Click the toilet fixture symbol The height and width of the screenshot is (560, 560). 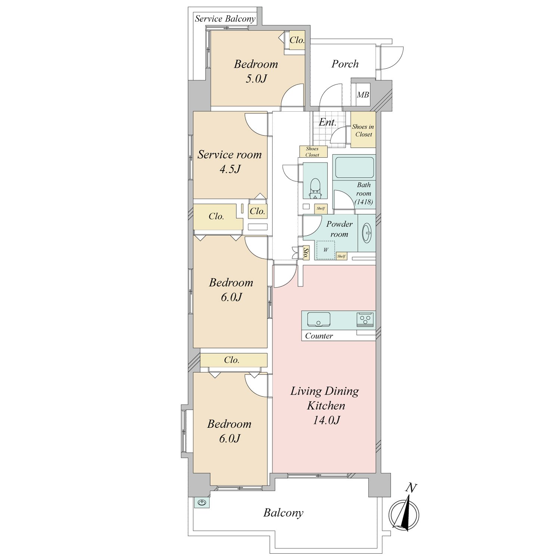coord(315,188)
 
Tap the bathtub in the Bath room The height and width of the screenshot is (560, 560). coord(354,168)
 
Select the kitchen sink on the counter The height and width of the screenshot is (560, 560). coord(318,320)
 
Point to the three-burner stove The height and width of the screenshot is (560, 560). coord(365,319)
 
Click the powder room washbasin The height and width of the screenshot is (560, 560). coord(367,233)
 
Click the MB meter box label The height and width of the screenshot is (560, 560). coord(363,95)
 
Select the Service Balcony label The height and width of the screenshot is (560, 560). coord(225,19)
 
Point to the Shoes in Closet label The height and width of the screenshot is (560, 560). coord(363,130)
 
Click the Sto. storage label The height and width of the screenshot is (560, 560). coord(306,253)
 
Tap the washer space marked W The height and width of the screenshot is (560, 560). coord(326,250)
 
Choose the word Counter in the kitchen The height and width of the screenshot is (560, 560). coord(319,336)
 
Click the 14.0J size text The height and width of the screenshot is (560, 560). coord(326,420)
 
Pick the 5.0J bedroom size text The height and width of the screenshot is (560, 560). coord(256,79)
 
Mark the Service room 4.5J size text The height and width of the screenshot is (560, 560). coord(230,169)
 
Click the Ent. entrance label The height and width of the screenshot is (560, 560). coord(327,122)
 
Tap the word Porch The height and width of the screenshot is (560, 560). coord(345,64)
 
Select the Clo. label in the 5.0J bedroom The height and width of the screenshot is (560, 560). coord(297,40)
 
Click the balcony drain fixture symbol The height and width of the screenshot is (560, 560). coord(202,503)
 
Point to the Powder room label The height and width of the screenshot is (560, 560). coord(339,229)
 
